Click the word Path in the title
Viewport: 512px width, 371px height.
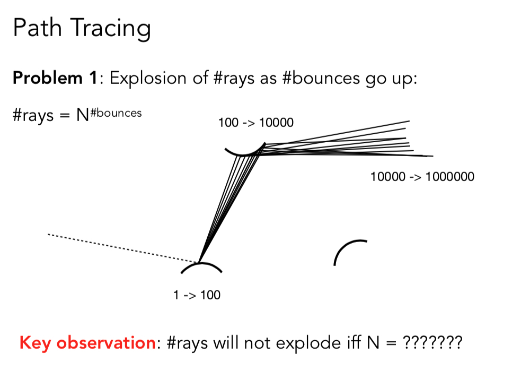click(x=37, y=28)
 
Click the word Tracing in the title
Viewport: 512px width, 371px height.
click(x=110, y=29)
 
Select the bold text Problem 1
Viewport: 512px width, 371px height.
click(x=55, y=78)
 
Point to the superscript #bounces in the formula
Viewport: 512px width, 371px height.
click(x=116, y=113)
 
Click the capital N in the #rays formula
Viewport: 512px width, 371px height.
click(x=83, y=115)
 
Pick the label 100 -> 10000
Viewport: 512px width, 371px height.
click(x=256, y=123)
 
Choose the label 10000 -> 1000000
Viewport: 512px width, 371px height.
click(x=422, y=177)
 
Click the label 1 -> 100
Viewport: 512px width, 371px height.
click(x=197, y=295)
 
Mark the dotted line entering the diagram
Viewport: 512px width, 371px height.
click(x=123, y=248)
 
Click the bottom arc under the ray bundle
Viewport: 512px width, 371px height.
click(x=201, y=263)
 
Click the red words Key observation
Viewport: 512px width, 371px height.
click(x=87, y=343)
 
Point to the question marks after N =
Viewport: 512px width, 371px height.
click(x=432, y=342)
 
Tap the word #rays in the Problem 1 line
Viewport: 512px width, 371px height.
click(x=233, y=79)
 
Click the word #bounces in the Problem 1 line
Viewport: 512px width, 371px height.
click(x=321, y=79)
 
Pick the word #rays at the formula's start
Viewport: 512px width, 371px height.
click(x=33, y=116)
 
